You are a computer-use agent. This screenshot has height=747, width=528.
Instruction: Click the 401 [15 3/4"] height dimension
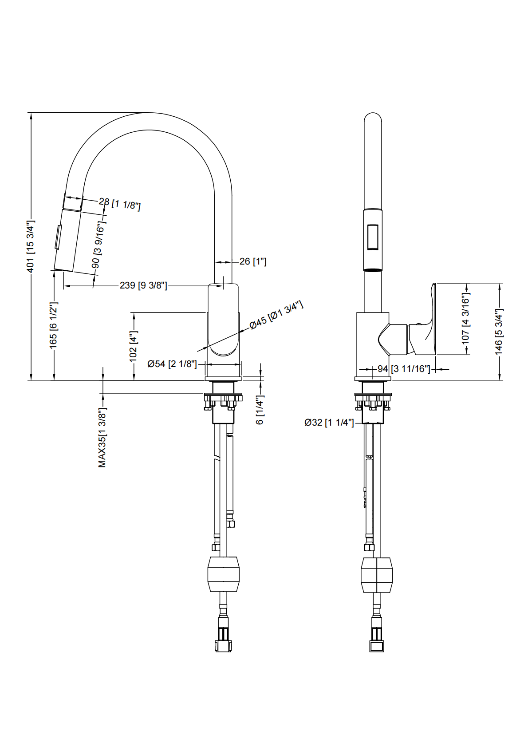click(x=31, y=246)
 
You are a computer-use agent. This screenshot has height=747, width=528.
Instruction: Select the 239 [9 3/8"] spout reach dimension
click(x=143, y=285)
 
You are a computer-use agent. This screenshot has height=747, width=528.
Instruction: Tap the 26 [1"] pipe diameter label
click(x=253, y=261)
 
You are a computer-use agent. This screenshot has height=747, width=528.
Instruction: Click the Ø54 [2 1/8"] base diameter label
click(x=172, y=364)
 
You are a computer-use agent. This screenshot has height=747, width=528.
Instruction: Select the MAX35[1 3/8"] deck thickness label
click(x=102, y=437)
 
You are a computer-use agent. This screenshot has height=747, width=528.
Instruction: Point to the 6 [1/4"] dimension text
click(x=260, y=410)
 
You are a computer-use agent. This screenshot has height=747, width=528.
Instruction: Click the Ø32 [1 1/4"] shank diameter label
click(x=329, y=423)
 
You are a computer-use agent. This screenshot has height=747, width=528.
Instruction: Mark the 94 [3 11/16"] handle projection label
click(x=404, y=369)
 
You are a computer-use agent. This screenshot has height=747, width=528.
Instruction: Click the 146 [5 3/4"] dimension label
click(x=499, y=331)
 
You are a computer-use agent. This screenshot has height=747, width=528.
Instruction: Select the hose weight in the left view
click(x=224, y=574)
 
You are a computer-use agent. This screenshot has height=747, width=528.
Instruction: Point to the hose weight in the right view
click(x=377, y=575)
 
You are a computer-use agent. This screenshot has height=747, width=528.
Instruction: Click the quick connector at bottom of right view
click(x=377, y=639)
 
